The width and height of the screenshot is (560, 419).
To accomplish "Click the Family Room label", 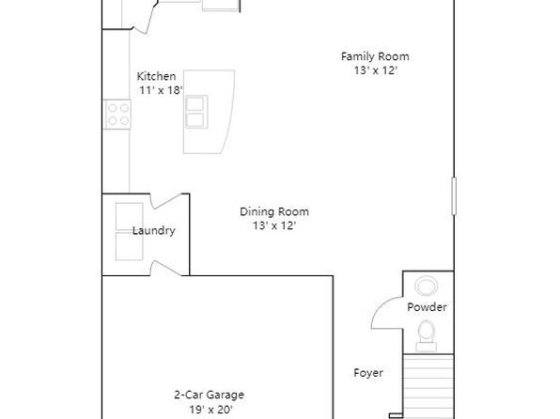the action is pyautogui.click(x=375, y=56).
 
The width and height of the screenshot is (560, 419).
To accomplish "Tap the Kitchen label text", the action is pyautogui.click(x=156, y=76).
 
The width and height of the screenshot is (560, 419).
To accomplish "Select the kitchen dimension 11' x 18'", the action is pyautogui.click(x=161, y=90).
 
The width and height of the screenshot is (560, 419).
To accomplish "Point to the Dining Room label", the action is pyautogui.click(x=274, y=211).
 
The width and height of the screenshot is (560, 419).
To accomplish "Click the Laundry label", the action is pyautogui.click(x=154, y=231).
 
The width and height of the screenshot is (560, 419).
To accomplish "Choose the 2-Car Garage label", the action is pyautogui.click(x=210, y=395).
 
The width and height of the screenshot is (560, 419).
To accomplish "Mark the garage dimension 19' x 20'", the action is pyautogui.click(x=211, y=410).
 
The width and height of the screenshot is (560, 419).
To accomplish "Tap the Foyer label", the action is pyautogui.click(x=368, y=373).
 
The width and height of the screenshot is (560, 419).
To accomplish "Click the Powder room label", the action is pyautogui.click(x=428, y=307).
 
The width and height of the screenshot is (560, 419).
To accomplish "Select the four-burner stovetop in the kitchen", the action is pyautogui.click(x=117, y=115).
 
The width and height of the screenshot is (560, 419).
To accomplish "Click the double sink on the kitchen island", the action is pyautogui.click(x=196, y=112).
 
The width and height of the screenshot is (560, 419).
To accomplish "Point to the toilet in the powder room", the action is pyautogui.click(x=426, y=335).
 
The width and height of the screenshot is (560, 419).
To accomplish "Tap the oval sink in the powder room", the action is pyautogui.click(x=427, y=286).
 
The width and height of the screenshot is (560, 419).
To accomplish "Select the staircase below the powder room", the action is pyautogui.click(x=428, y=386).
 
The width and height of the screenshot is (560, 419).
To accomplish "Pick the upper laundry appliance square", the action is pyautogui.click(x=130, y=217).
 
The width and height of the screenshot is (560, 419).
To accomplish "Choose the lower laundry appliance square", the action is pyautogui.click(x=130, y=246).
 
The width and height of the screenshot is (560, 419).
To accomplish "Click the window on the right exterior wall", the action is pyautogui.click(x=454, y=196).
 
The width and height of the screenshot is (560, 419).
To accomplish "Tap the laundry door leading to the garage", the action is pyautogui.click(x=165, y=269).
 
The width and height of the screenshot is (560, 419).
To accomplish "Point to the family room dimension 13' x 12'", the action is pyautogui.click(x=376, y=70).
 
